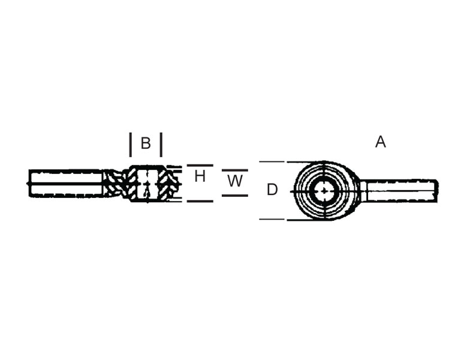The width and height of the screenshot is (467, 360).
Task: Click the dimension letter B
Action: pyautogui.click(x=146, y=143)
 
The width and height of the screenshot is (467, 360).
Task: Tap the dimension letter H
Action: pyautogui.click(x=200, y=176)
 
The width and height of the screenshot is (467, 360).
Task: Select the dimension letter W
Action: pyautogui.click(x=235, y=181)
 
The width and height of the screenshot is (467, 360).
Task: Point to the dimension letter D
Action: pyautogui.click(x=272, y=190)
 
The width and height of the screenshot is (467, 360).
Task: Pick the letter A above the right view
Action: pyautogui.click(x=380, y=142)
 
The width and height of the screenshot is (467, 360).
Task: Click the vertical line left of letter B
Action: pyautogui.click(x=131, y=145)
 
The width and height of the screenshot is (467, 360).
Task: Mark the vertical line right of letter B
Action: pyautogui.click(x=161, y=145)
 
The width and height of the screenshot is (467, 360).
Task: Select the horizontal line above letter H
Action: pyautogui.click(x=200, y=165)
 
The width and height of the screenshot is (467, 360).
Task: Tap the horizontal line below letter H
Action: pyautogui.click(x=200, y=201)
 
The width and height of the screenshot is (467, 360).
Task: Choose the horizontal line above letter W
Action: pyautogui.click(x=235, y=170)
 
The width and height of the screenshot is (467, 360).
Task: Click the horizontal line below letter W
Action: pyautogui.click(x=235, y=196)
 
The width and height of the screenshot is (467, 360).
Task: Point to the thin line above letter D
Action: pyautogui.click(x=272, y=162)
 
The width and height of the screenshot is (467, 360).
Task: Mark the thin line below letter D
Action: pyautogui.click(x=272, y=219)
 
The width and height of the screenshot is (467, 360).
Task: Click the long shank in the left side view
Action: pyautogui.click(x=66, y=183)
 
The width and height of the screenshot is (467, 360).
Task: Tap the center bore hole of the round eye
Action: pyautogui.click(x=324, y=191)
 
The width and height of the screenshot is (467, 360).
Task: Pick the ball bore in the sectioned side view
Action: pyautogui.click(x=147, y=184)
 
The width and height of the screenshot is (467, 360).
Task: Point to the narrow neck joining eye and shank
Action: pyautogui.click(x=363, y=191)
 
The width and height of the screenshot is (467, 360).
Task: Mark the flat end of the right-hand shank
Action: pyautogui.click(x=436, y=191)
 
